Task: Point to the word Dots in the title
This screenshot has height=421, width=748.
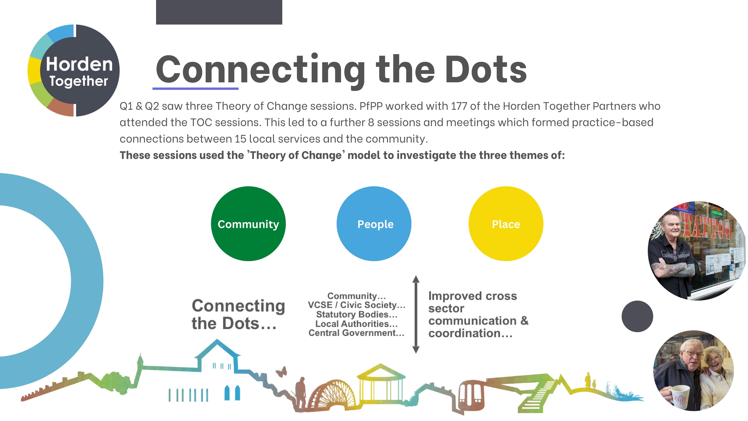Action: point(485,70)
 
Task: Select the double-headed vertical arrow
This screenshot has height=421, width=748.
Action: point(416,314)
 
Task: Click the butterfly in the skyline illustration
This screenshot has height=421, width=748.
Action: point(281,371)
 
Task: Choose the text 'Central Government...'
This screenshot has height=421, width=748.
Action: point(356,333)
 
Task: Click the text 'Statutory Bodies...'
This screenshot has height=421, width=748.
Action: point(357,314)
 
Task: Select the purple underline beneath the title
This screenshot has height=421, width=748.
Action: point(195,88)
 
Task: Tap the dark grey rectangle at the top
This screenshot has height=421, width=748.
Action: point(219,12)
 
